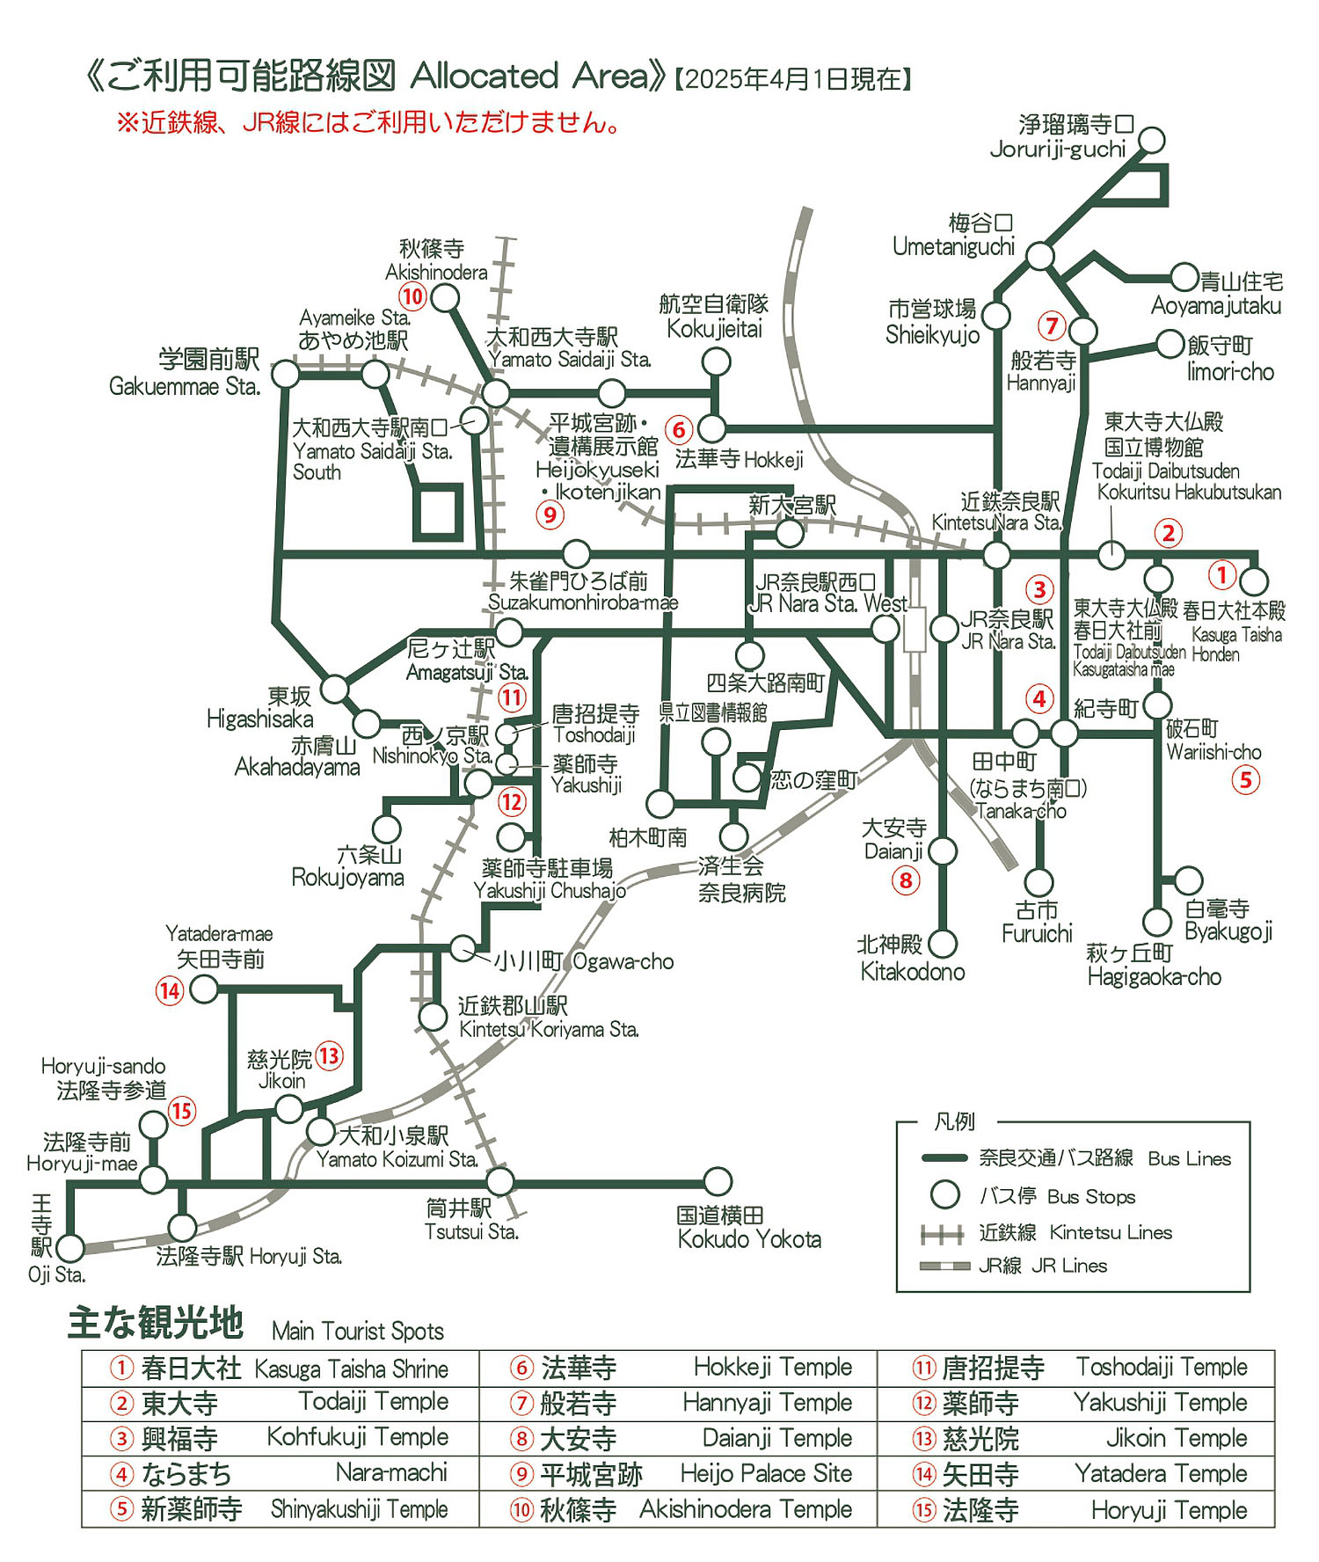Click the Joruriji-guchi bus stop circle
coord(1152,140)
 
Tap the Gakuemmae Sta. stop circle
coord(285,375)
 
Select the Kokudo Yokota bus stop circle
coord(718,1181)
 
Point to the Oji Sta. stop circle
coord(70,1247)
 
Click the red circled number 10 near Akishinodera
coord(412,296)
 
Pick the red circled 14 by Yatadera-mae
coord(169,991)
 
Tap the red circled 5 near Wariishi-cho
coord(1245,779)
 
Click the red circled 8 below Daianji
coord(905,880)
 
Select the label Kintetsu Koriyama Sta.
coord(549,1029)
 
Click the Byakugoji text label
coord(1228,931)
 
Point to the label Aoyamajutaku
coord(1216,306)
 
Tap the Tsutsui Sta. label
coord(471,1231)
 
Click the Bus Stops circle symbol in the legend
coord(945,1195)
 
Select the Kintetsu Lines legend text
coord(1111,1233)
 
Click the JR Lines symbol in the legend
coord(943,1266)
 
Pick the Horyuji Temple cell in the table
coord(1169,1509)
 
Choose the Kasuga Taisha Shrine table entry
coord(351,1369)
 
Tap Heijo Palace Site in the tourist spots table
coord(766,1473)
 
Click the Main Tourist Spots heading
coord(358,1331)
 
